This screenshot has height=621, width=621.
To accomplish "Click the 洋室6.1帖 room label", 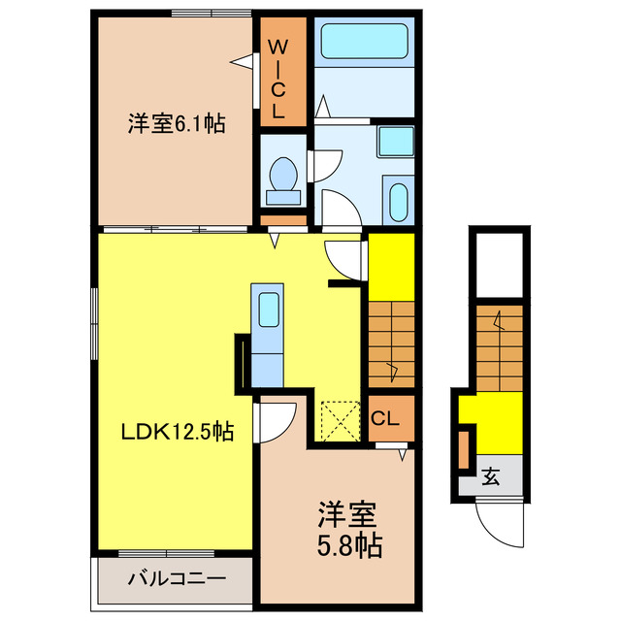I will pos(176,124).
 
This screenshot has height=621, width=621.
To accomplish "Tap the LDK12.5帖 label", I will pos(177,432).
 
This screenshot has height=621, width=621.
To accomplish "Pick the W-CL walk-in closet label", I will pos(278,77).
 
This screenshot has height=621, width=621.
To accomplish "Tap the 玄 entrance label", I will pos(492,476).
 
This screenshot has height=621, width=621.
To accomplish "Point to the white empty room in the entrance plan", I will pos(499,262).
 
